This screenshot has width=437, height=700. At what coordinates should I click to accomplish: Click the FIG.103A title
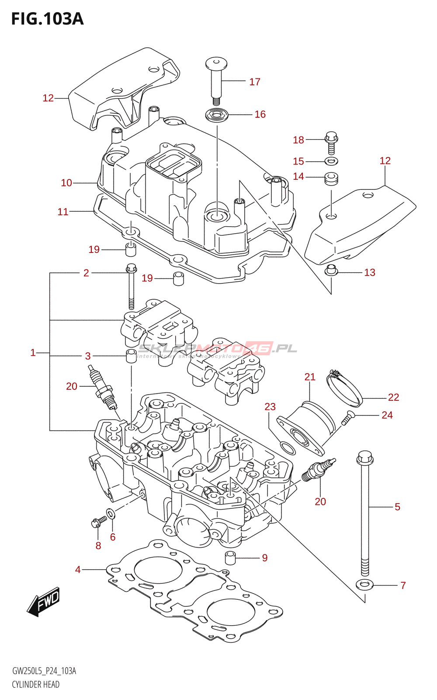47,19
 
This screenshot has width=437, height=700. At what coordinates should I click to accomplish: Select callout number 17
255,82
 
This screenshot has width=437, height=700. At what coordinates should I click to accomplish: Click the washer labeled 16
217,115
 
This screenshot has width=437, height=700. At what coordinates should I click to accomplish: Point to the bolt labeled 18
331,143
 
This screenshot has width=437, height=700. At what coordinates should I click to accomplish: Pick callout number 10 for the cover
66,183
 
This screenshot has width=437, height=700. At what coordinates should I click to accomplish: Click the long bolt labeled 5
365,516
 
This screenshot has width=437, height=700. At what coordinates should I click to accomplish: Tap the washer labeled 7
364,584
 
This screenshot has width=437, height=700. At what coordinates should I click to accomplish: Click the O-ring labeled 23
287,448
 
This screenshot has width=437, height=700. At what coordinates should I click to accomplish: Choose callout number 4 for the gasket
78,570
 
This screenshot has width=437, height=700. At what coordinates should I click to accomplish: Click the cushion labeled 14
332,178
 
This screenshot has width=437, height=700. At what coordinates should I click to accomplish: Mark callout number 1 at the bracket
33,353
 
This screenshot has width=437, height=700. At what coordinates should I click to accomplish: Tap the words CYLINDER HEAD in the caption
35,684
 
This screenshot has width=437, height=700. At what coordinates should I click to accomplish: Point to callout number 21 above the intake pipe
310,377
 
